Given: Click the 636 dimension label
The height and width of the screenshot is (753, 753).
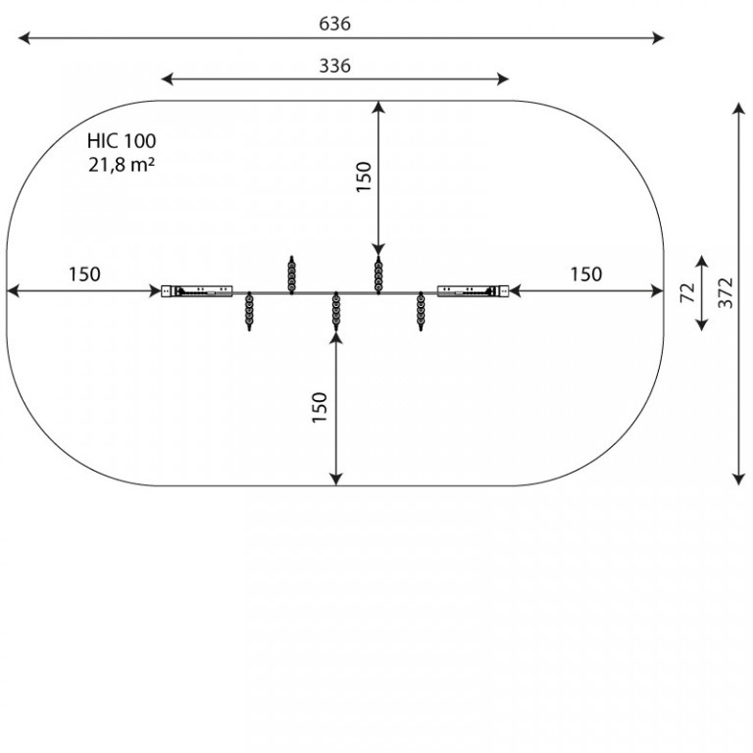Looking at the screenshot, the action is pyautogui.click(x=334, y=24).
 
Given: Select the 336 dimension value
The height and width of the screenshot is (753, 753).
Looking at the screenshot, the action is pyautogui.click(x=334, y=66).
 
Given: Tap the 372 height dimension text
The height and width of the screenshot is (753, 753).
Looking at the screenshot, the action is pyautogui.click(x=726, y=292).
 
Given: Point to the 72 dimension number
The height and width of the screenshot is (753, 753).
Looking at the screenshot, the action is pyautogui.click(x=688, y=292).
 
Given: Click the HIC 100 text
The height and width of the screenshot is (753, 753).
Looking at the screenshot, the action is pyautogui.click(x=122, y=141).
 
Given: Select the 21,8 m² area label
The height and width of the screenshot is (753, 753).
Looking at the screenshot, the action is pyautogui.click(x=122, y=165).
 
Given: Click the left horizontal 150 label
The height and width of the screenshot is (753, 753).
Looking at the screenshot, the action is pyautogui.click(x=84, y=275).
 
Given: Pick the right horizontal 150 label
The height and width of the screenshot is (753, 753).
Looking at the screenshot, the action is pyautogui.click(x=586, y=275).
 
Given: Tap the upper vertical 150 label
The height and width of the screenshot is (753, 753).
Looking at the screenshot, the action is pyautogui.click(x=364, y=176).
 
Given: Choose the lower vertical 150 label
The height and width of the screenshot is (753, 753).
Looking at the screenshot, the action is pyautogui.click(x=320, y=407).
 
